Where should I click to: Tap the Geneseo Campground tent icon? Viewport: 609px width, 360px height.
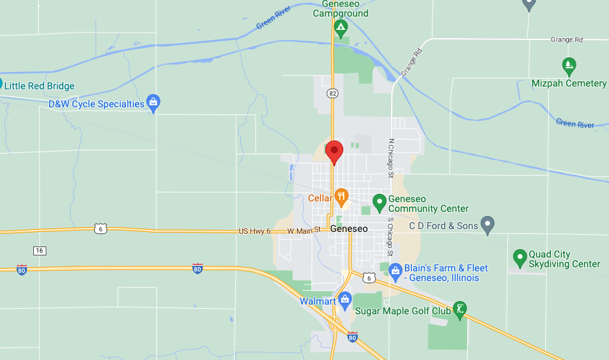340,28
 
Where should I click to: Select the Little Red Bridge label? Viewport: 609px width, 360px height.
39,86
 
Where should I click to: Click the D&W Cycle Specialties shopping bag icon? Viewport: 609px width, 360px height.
154,104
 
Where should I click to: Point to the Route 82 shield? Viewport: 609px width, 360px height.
333,93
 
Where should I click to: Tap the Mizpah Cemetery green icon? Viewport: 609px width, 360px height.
569,66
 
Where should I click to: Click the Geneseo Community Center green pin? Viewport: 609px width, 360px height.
379,202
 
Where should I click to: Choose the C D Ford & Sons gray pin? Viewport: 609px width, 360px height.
488,225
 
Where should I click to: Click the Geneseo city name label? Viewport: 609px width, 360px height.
349,228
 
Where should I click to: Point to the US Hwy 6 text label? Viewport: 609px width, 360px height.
254,231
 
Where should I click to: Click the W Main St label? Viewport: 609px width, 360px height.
304,230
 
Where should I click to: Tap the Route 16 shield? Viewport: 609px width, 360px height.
39,250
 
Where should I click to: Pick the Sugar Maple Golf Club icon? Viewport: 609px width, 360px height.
460,309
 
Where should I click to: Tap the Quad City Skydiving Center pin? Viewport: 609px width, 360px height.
520,258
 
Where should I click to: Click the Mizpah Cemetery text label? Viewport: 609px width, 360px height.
569,84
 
